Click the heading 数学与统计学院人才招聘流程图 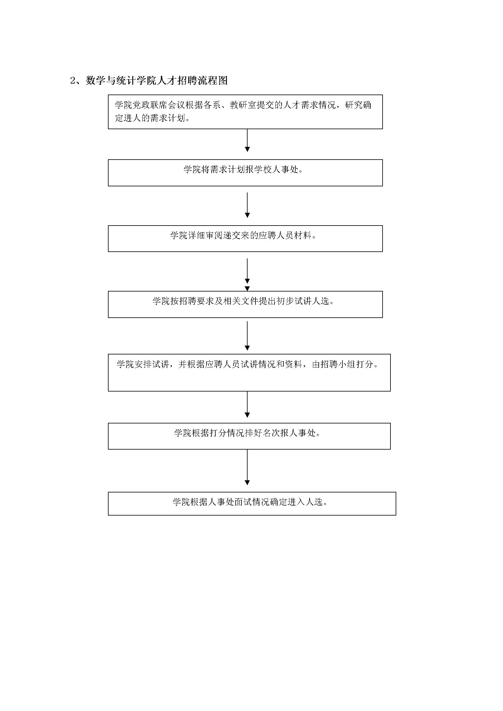pos(157,81)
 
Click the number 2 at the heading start pos(73,81)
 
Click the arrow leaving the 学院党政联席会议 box pos(247,140)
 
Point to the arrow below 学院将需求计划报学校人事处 pos(247,205)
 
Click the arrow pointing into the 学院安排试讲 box pos(247,336)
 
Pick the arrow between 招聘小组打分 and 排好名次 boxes pos(247,404)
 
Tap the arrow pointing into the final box pos(247,467)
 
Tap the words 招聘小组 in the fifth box pos(338,364)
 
